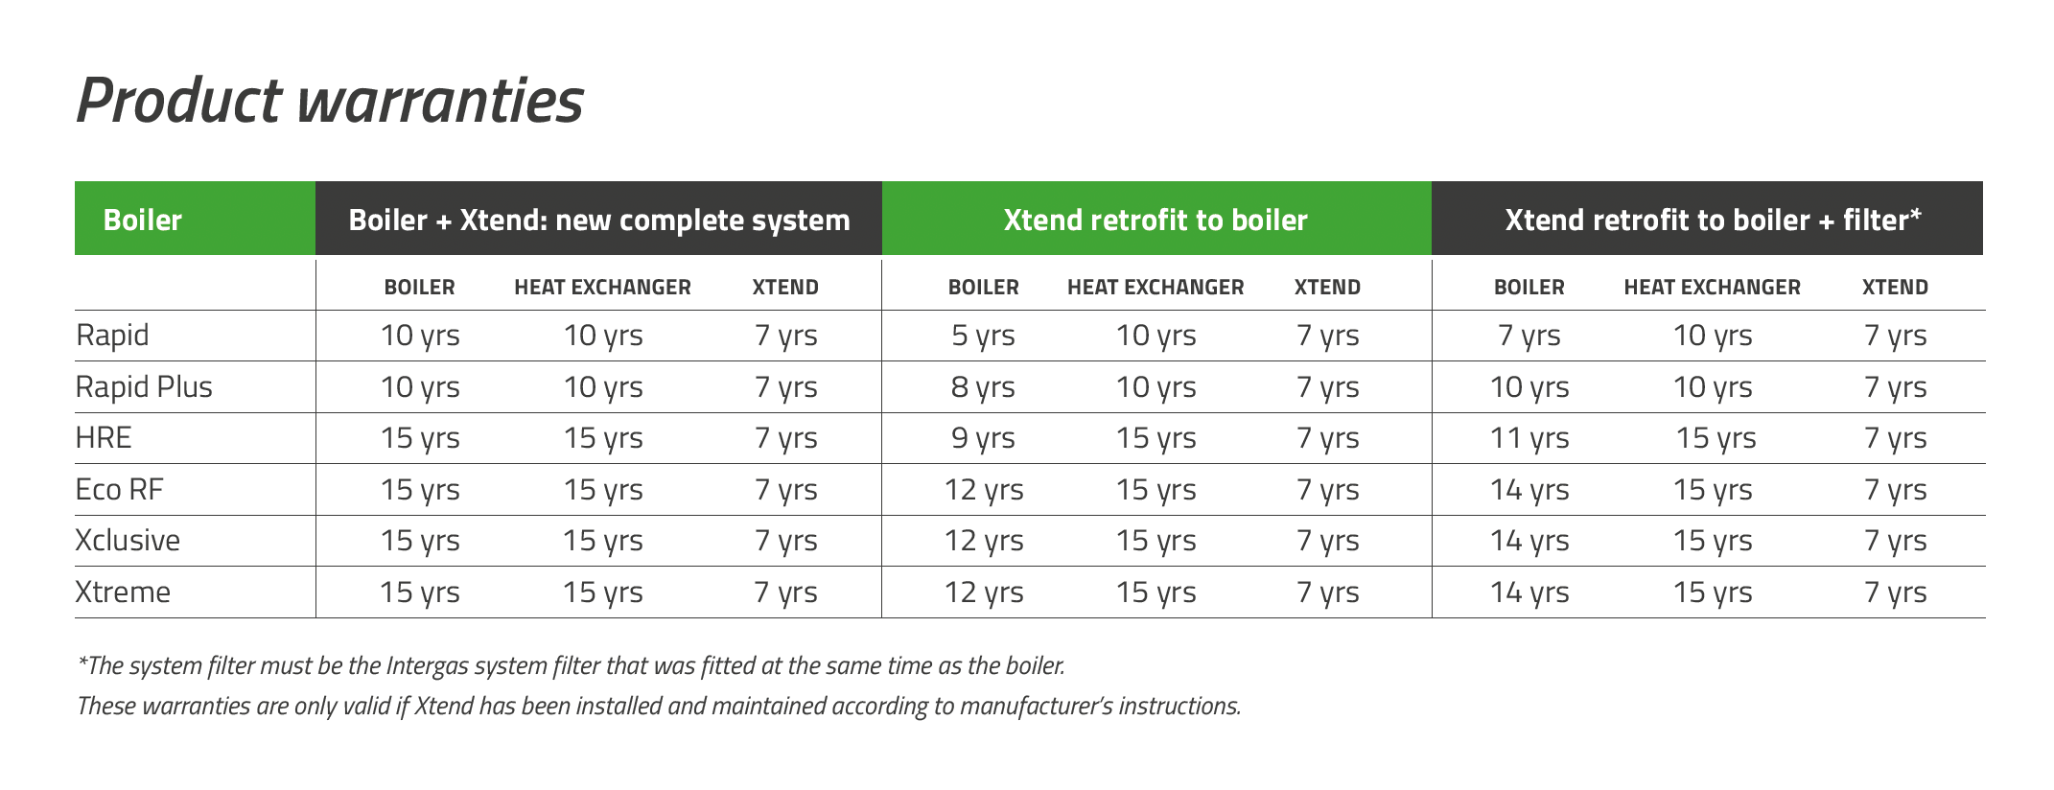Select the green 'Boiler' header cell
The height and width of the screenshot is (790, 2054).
click(195, 219)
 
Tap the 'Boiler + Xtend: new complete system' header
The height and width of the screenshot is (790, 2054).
click(599, 219)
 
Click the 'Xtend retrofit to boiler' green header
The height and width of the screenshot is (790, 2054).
click(1156, 219)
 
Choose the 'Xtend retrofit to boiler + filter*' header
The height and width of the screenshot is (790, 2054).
click(1708, 219)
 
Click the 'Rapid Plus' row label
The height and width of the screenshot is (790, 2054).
click(144, 387)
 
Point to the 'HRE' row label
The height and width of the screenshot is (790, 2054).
click(104, 438)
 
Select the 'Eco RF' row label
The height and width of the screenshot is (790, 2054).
click(120, 490)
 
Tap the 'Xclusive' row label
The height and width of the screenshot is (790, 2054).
click(128, 541)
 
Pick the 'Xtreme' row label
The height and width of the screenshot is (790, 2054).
click(123, 592)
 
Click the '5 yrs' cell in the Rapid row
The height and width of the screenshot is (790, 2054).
click(983, 337)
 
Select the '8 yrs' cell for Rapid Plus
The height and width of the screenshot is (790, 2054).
click(983, 387)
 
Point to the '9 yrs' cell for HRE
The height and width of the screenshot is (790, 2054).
click(983, 439)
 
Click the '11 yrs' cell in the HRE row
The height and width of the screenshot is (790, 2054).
click(1529, 439)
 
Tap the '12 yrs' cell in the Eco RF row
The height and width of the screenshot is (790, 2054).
click(984, 490)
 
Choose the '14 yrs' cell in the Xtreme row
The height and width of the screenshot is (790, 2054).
click(1529, 592)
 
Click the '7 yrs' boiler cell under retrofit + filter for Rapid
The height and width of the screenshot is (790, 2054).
click(1529, 337)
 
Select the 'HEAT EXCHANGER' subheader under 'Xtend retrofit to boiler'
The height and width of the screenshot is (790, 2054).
click(1155, 288)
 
